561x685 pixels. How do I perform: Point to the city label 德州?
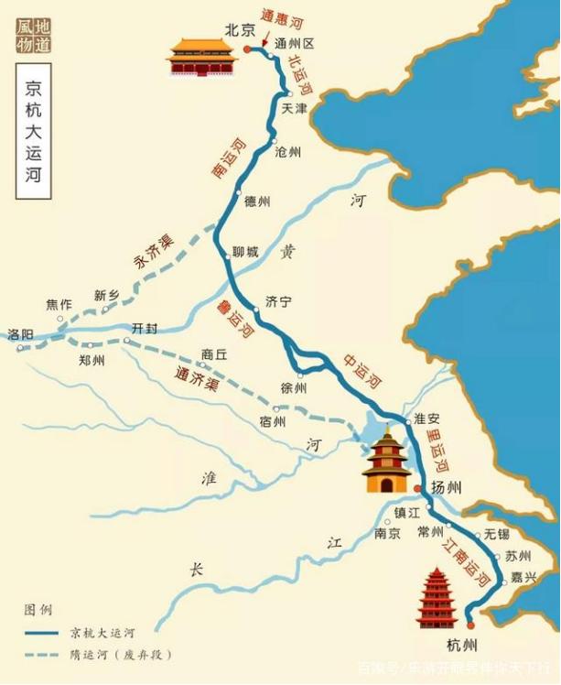click(x=258, y=202)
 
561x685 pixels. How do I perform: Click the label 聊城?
click(x=245, y=252)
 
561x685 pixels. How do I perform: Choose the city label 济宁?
click(x=278, y=300)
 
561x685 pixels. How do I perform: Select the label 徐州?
click(x=294, y=388)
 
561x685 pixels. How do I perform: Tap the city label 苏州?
click(x=518, y=556)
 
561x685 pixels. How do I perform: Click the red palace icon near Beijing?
click(x=201, y=58)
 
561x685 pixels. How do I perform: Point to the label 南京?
click(x=387, y=533)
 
